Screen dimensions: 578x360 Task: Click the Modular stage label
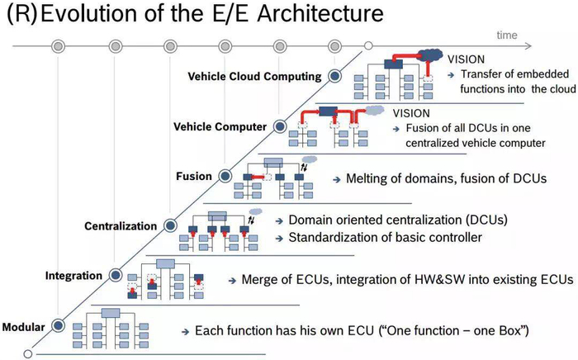(24, 327)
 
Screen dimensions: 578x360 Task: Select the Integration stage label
(73, 276)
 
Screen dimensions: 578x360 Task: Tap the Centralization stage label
(121, 226)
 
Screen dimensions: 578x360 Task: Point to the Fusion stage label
(194, 176)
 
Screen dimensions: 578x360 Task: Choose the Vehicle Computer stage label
(220, 127)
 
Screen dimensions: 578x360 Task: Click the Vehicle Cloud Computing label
(254, 76)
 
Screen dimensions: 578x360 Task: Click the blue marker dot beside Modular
(58, 325)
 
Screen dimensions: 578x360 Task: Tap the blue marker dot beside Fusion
(225, 176)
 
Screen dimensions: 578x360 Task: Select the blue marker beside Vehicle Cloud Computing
(334, 76)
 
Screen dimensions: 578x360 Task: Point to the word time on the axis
(507, 35)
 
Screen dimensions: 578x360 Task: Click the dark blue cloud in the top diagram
(430, 54)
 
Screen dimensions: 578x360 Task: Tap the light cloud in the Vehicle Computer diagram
(375, 110)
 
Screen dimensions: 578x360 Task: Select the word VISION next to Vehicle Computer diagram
(411, 113)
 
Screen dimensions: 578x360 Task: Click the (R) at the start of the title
(22, 14)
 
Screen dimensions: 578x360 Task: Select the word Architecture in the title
(320, 13)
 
